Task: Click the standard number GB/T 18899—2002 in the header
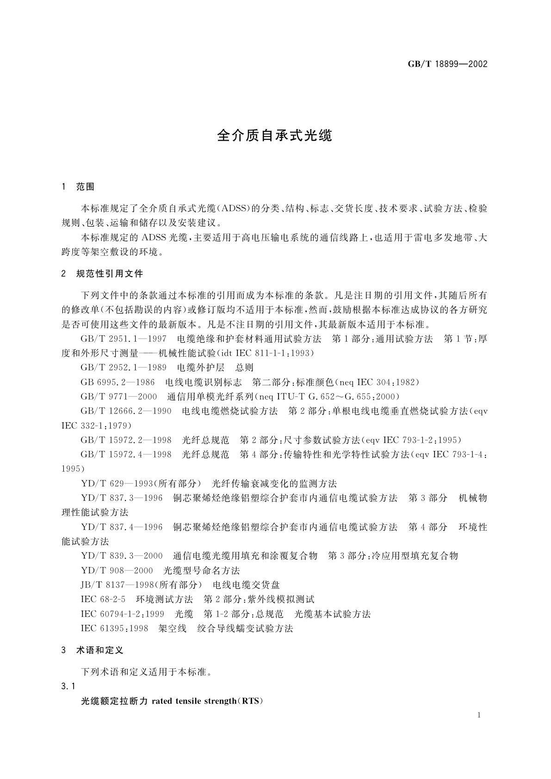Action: [447, 64]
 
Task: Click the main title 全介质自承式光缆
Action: [275, 136]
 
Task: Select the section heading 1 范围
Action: [78, 187]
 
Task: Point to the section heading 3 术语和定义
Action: [92, 650]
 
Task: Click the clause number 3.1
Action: [68, 686]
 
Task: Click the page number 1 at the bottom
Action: [479, 715]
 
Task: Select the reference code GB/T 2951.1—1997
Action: [123, 339]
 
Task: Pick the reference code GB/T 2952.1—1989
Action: [123, 368]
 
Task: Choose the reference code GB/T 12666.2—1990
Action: [126, 411]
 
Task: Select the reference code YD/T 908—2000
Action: [117, 570]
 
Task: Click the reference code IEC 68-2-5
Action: [103, 599]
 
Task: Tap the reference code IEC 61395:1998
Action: [114, 628]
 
